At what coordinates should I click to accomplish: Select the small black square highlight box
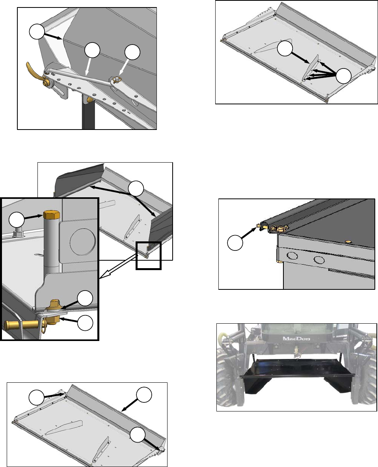(149, 256)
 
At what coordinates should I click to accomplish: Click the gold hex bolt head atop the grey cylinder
(52, 215)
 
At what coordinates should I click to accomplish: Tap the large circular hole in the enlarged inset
(82, 241)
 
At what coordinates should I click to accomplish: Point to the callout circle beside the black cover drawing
(235, 243)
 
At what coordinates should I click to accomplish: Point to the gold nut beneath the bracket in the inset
(54, 320)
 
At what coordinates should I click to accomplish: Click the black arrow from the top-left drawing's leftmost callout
(53, 36)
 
